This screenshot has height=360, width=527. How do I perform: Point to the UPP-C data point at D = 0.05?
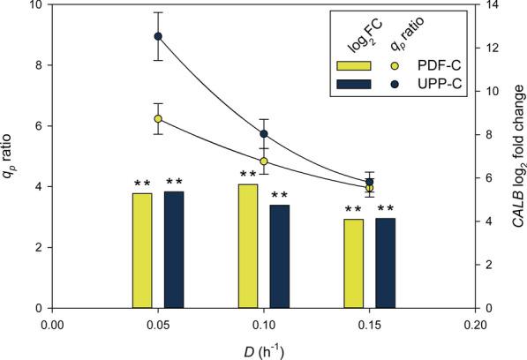(158, 36)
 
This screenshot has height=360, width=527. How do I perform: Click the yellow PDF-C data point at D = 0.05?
(158, 118)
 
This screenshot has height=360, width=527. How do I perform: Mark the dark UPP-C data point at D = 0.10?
(264, 133)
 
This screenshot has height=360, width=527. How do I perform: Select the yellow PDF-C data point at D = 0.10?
(264, 161)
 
